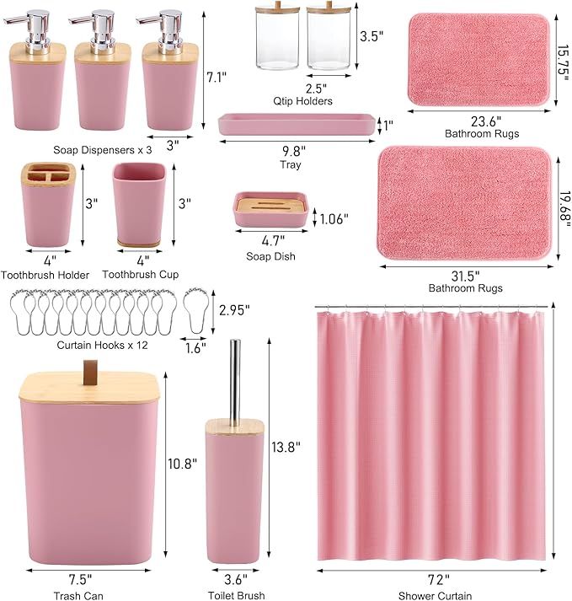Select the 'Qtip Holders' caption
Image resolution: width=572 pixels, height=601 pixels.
click(x=302, y=101)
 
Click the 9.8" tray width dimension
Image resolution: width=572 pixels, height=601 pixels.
click(x=292, y=151)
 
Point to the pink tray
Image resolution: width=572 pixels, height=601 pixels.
click(x=296, y=126)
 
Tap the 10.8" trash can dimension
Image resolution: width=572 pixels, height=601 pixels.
click(x=183, y=464)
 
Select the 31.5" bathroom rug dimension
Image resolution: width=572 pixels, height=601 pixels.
click(x=465, y=275)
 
